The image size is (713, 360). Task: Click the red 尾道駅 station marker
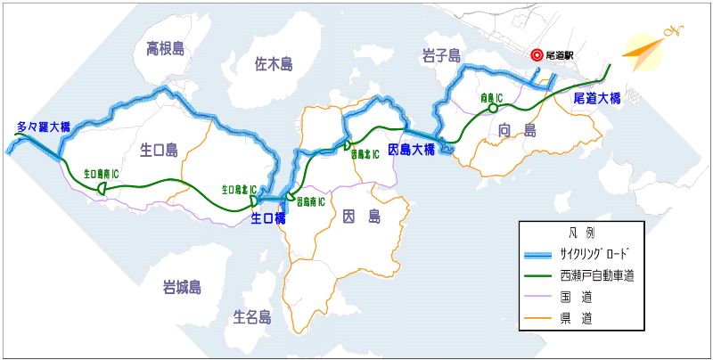(537, 54)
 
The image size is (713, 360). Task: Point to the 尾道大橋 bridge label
(595, 98)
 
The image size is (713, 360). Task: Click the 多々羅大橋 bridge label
(43, 127)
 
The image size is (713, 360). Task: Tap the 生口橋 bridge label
(268, 217)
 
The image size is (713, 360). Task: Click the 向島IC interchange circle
(491, 109)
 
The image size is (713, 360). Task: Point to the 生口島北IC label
(240, 190)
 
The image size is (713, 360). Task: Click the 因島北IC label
(365, 154)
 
